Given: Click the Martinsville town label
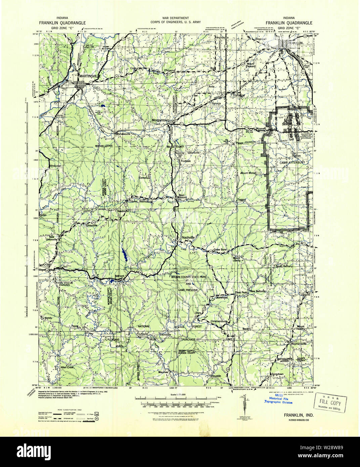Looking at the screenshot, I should pos(90,76).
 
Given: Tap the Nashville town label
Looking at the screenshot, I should pos(188,238).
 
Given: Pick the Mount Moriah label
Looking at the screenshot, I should pos(248,173).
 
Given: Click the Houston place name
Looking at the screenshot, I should pos(216,376).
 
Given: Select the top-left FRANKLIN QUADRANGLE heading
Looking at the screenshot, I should pos(62,23).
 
